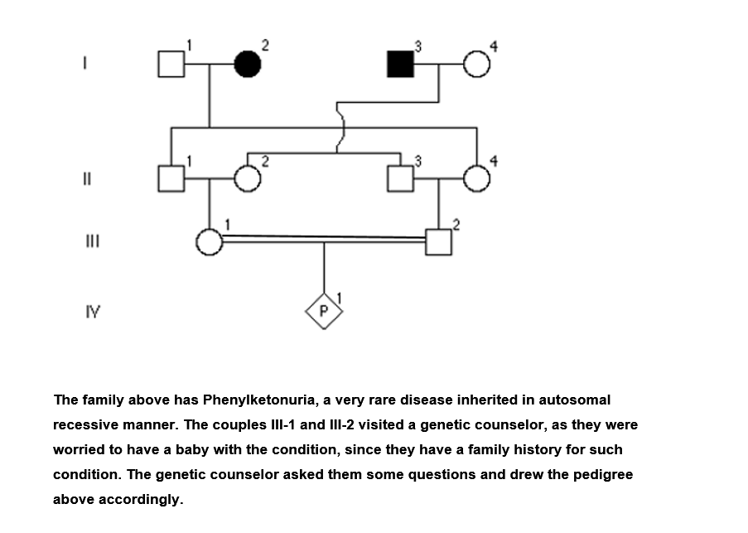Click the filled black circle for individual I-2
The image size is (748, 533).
pos(247,64)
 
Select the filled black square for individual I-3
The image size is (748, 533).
pos(400,64)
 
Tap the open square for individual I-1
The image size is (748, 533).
pos(171,64)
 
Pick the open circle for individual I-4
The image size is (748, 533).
pos(476,64)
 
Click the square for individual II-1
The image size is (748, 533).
pos(171,178)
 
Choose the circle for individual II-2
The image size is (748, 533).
pos(247,178)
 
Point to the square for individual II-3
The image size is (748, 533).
pos(400,178)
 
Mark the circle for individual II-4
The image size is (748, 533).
pos(476,178)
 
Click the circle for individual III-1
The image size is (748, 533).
pos(209,241)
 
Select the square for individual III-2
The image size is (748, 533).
pos(438,241)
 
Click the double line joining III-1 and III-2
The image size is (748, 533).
pos(324,238)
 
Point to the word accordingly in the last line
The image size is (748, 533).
pos(139,500)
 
